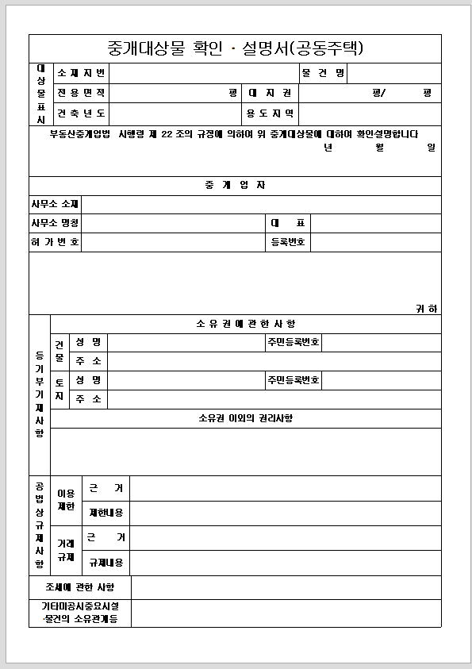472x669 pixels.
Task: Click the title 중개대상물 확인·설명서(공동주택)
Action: pyautogui.click(x=235, y=48)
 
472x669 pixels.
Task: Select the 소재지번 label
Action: pyautogui.click(x=80, y=74)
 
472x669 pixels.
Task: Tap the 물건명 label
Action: pyautogui.click(x=323, y=74)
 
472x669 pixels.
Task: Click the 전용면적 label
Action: pyautogui.click(x=80, y=93)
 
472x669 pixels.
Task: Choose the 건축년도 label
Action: pyautogui.click(x=80, y=113)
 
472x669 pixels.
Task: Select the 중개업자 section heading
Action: pyautogui.click(x=235, y=186)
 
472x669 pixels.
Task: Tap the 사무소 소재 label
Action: pyautogui.click(x=55, y=205)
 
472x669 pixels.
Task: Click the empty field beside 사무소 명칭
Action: pyautogui.click(x=172, y=223)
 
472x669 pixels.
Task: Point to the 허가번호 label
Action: pyautogui.click(x=55, y=242)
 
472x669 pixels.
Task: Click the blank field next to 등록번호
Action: pyautogui.click(x=375, y=242)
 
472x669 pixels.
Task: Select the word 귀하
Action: pyautogui.click(x=428, y=309)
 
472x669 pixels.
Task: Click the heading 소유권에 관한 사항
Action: pyautogui.click(x=246, y=324)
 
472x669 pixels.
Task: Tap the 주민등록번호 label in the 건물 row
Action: pyautogui.click(x=294, y=342)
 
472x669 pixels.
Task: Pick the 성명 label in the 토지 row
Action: pyautogui.click(x=88, y=380)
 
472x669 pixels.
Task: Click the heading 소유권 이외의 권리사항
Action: pyautogui.click(x=246, y=418)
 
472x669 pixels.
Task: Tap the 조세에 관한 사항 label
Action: pyautogui.click(x=80, y=587)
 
